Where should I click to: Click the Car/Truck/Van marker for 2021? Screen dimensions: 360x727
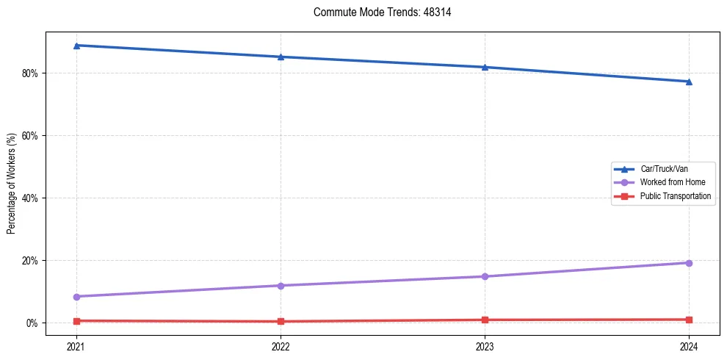(x=76, y=46)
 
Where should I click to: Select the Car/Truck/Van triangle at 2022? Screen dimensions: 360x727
(x=281, y=57)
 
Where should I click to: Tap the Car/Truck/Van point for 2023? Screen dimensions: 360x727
(x=485, y=67)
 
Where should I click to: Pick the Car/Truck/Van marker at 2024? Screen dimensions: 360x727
(x=689, y=82)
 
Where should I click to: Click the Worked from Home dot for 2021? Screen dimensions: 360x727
(x=76, y=297)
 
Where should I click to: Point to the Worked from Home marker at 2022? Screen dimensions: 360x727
(x=281, y=286)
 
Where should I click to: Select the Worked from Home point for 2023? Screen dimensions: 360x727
(x=485, y=276)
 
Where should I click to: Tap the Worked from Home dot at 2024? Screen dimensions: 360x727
(x=689, y=263)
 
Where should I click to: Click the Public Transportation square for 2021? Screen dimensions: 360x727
(x=76, y=321)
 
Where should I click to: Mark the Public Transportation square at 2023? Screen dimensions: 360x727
(x=485, y=320)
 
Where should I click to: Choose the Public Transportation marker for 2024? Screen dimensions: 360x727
(x=689, y=320)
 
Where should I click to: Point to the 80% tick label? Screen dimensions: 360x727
(x=31, y=73)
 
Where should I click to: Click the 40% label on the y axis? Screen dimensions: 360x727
(x=31, y=198)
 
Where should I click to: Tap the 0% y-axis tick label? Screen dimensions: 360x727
(x=33, y=323)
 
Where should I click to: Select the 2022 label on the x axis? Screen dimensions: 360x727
(x=281, y=345)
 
